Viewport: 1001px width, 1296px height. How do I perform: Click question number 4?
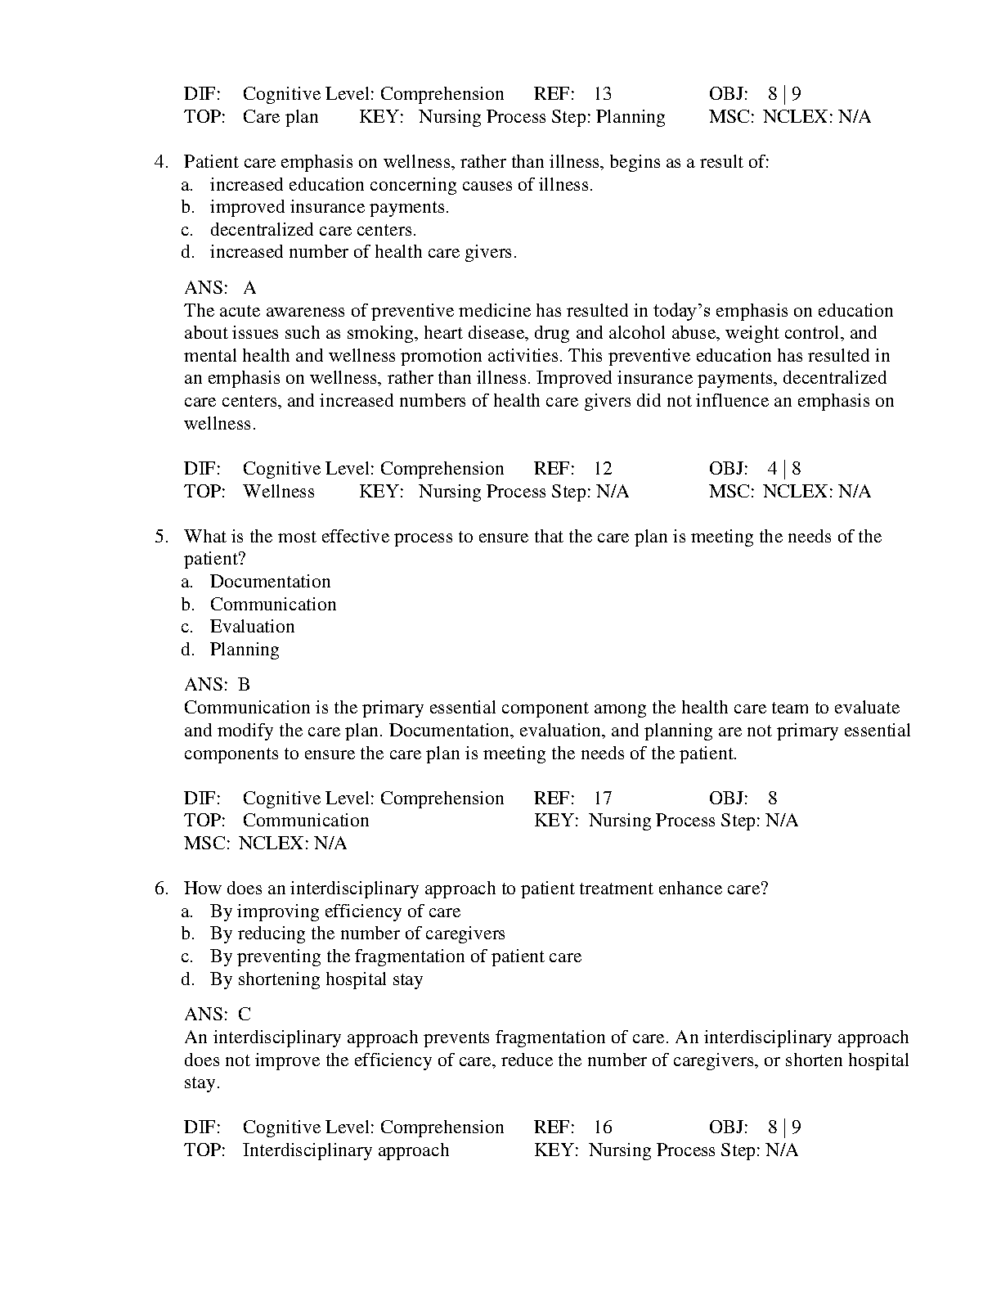161,162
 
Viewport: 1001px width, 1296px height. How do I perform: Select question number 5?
161,537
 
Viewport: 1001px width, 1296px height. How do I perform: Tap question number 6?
161,889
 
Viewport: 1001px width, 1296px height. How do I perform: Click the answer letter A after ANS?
249,288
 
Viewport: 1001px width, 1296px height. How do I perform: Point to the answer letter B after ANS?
244,685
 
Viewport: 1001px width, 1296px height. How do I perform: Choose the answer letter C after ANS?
245,1015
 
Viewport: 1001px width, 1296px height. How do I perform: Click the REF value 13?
602,94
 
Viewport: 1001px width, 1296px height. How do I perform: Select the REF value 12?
602,469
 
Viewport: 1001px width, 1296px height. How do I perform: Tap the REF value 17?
602,799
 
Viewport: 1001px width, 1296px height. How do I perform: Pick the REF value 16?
602,1127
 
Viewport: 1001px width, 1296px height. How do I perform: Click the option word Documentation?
270,582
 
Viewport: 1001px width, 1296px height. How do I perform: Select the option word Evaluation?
252,627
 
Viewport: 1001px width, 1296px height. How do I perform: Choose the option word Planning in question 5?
245,650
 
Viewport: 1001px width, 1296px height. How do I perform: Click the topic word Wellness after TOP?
278,492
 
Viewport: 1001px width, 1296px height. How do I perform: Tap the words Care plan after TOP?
280,117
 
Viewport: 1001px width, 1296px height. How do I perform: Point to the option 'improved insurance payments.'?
329,207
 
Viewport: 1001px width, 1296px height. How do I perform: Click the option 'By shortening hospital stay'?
316,979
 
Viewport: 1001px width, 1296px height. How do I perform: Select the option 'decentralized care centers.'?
312,230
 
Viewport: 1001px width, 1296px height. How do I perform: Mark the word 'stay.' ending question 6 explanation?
202,1082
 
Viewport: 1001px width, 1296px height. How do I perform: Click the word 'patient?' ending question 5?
214,560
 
